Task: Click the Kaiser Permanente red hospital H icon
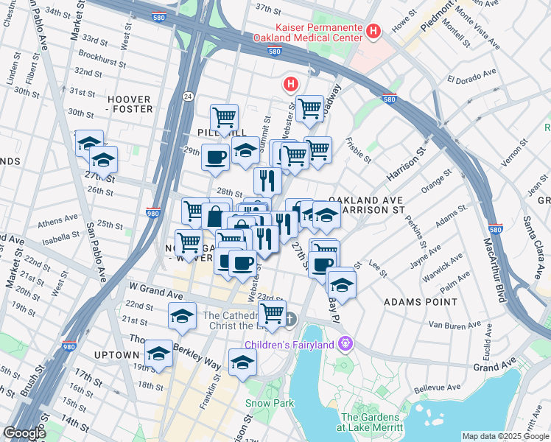pyautogui.click(x=373, y=31)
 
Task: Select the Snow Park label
pyautogui.click(x=270, y=403)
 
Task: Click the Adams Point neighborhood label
pyautogui.click(x=421, y=302)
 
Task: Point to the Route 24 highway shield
pyautogui.click(x=188, y=97)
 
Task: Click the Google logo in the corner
pyautogui.click(x=24, y=433)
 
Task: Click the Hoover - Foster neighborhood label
pyautogui.click(x=130, y=104)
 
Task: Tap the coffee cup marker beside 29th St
pyautogui.click(x=216, y=158)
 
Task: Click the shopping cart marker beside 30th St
pyautogui.click(x=224, y=116)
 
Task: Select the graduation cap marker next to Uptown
pyautogui.click(x=159, y=354)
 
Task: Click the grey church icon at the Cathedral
pyautogui.click(x=290, y=320)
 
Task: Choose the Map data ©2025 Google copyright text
pyautogui.click(x=505, y=436)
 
